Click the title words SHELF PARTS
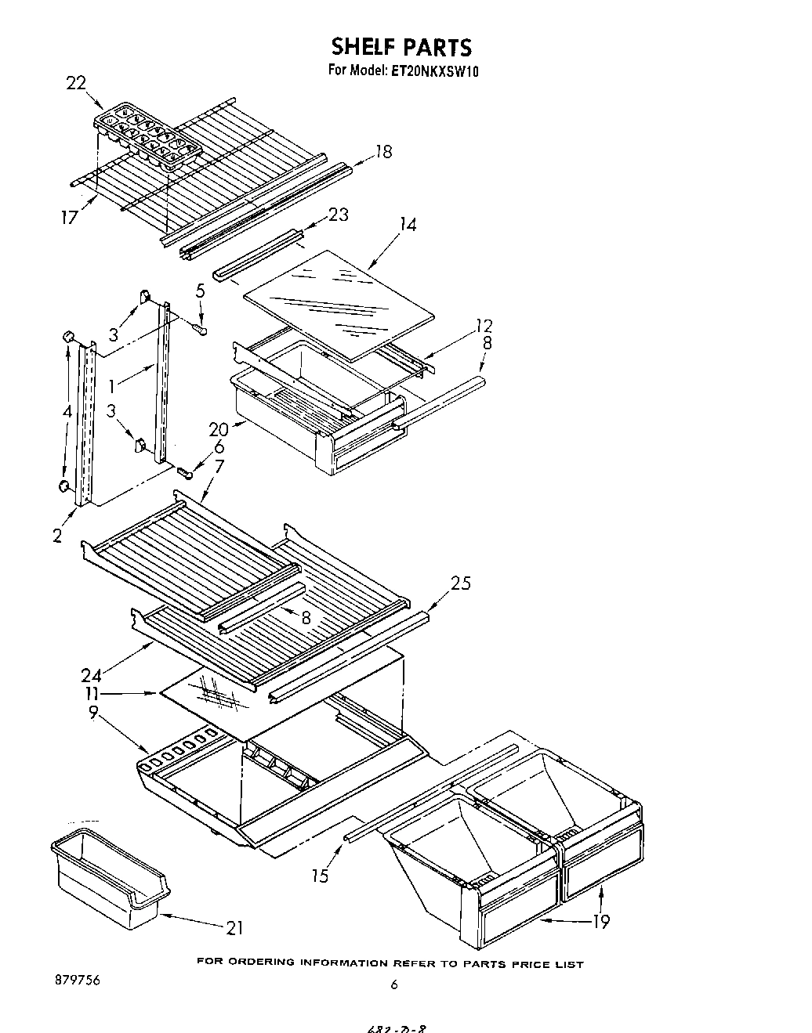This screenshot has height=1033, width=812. pyautogui.click(x=401, y=47)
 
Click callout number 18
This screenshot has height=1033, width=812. pyautogui.click(x=383, y=152)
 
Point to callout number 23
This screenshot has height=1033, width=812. pyautogui.click(x=339, y=214)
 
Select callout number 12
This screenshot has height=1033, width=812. pyautogui.click(x=483, y=325)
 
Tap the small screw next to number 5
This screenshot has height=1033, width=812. pyautogui.click(x=201, y=330)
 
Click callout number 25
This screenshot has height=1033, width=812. pyautogui.click(x=461, y=583)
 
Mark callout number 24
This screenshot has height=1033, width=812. pyautogui.click(x=92, y=675)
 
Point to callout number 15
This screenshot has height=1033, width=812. pyautogui.click(x=320, y=876)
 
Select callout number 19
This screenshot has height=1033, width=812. pyautogui.click(x=600, y=922)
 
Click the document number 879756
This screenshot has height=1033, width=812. pyautogui.click(x=77, y=981)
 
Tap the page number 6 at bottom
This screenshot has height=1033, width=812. pyautogui.click(x=394, y=985)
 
